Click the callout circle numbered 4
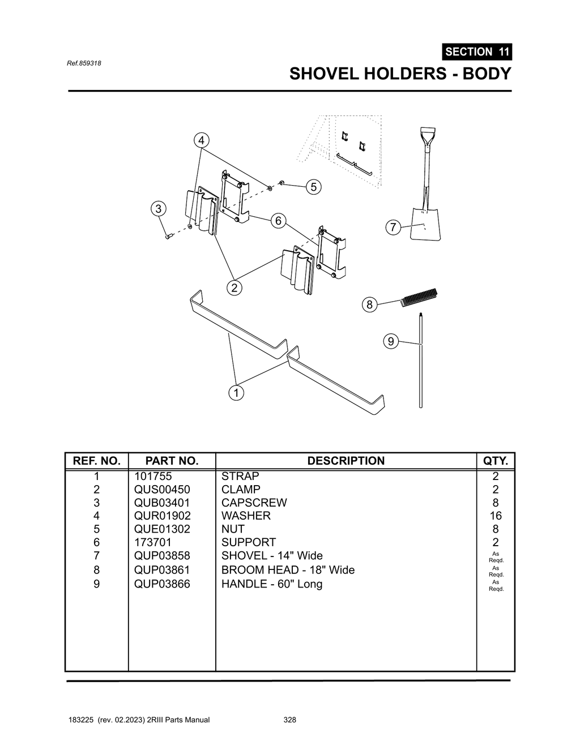201,140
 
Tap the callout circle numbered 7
393,228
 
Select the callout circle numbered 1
236,392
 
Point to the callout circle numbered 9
390,341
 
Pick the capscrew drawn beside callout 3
168,236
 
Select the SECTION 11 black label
477,52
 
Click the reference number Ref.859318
84,63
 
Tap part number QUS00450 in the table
162,490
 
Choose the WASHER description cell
246,516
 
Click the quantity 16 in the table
496,516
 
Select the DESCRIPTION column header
346,461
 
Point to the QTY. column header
496,461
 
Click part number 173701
152,542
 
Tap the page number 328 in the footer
289,720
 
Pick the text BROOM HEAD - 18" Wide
288,570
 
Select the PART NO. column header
172,461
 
